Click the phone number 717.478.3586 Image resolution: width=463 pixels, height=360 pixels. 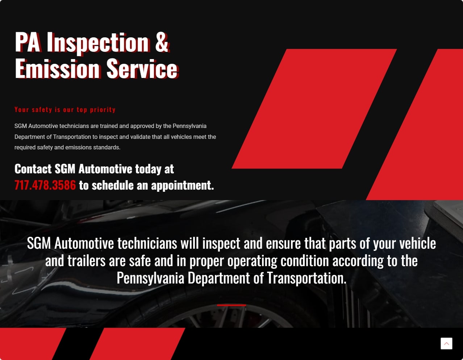[x=45, y=185]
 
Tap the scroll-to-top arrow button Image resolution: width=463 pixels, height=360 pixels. [x=446, y=343]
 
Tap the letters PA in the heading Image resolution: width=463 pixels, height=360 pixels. [x=27, y=42]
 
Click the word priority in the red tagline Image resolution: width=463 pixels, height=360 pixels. [x=103, y=110]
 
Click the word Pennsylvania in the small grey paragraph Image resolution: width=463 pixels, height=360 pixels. [x=189, y=126]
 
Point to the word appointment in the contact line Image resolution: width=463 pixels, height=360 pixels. [x=182, y=185]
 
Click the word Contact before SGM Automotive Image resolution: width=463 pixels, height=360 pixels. [x=33, y=169]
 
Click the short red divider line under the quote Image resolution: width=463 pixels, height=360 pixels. [x=231, y=305]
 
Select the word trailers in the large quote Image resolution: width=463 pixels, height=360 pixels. [x=87, y=260]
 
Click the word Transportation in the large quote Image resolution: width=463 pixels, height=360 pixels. [x=306, y=278]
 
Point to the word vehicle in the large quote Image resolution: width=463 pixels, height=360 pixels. [x=418, y=243]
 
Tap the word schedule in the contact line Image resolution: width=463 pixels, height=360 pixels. [x=113, y=185]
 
